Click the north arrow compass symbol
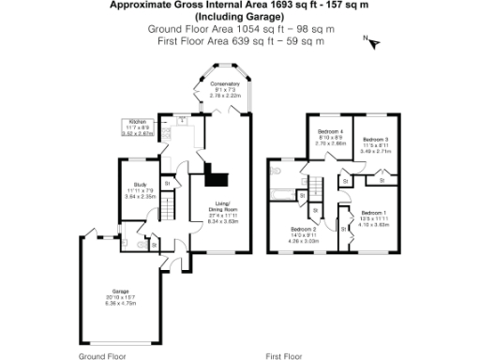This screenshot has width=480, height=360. point(371,41)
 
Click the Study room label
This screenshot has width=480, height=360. point(139,185)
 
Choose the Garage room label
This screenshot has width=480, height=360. point(121,292)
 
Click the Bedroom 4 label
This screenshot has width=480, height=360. point(329,130)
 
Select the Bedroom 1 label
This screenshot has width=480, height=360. point(374,213)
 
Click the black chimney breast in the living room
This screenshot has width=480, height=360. point(217,179)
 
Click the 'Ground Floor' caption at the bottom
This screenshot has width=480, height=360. point(101,356)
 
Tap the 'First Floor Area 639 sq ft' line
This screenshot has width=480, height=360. point(240,41)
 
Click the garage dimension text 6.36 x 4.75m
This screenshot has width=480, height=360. point(122,303)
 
